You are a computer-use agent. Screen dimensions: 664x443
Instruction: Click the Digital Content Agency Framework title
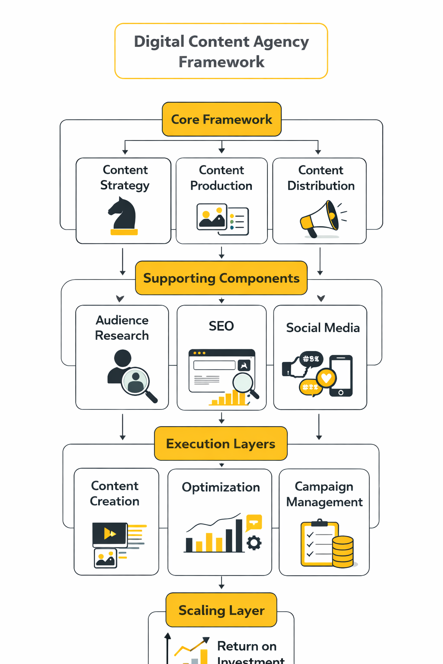pyautogui.click(x=221, y=51)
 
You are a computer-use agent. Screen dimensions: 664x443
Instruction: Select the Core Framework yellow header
pyautogui.click(x=221, y=119)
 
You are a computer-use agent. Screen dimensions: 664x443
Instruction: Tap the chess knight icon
pyautogui.click(x=123, y=215)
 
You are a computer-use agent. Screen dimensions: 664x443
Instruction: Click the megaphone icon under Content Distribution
pyautogui.click(x=321, y=219)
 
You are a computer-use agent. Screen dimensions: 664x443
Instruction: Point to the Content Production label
pyautogui.click(x=221, y=178)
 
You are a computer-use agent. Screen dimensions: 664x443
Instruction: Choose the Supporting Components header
pyautogui.click(x=221, y=278)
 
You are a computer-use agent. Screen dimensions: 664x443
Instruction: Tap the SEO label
pyautogui.click(x=221, y=326)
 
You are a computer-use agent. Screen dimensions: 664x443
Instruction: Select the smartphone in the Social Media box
pyautogui.click(x=341, y=375)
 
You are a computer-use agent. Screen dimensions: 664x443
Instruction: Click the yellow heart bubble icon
pyautogui.click(x=326, y=378)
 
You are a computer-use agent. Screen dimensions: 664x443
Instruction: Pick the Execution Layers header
pyautogui.click(x=221, y=444)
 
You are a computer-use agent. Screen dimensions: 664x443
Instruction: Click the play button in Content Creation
pyautogui.click(x=110, y=534)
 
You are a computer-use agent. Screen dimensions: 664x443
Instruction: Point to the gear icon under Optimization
pyautogui.click(x=254, y=543)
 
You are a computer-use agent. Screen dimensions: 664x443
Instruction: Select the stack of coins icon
pyautogui.click(x=343, y=552)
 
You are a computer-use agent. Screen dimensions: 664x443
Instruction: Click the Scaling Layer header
pyautogui.click(x=221, y=610)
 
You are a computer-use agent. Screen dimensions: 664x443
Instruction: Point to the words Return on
pyautogui.click(x=247, y=646)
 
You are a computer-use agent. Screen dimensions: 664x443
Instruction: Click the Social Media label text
pyautogui.click(x=323, y=328)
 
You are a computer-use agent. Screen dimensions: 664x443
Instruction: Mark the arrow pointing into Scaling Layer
pyautogui.click(x=221, y=584)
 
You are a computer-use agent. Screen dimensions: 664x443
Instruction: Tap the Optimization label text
pyautogui.click(x=221, y=487)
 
